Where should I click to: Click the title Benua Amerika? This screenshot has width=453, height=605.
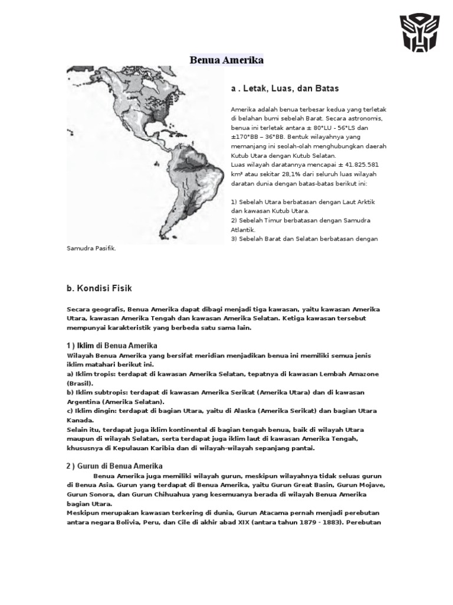[226, 60]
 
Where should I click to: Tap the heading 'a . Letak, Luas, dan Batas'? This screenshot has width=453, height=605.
[285, 89]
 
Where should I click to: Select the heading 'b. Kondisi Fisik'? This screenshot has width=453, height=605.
[99, 288]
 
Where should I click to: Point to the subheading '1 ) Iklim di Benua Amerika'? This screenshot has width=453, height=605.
[111, 345]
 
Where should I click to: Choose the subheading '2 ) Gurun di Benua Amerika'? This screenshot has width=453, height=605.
[114, 466]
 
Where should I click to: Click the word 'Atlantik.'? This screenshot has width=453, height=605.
[243, 229]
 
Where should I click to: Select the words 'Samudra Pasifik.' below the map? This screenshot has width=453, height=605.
[91, 248]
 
